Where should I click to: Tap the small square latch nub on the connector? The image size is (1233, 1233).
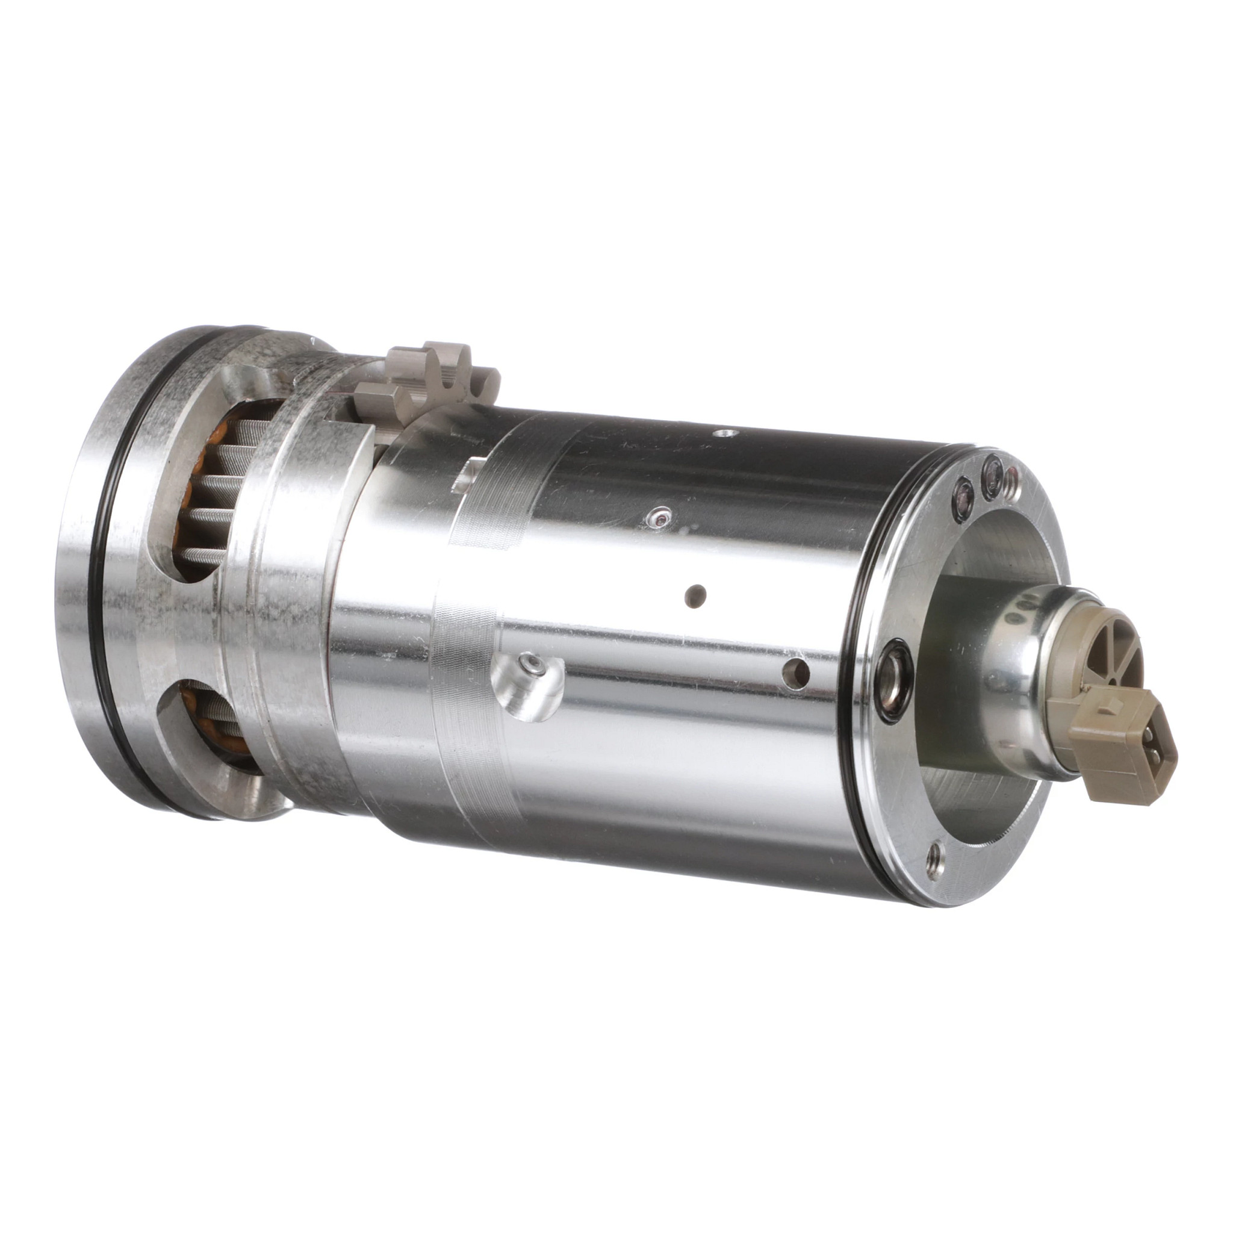click(1111, 703)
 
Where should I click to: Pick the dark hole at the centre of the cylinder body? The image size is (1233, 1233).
click(695, 595)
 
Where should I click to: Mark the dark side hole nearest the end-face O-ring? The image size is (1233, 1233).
click(798, 671)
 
